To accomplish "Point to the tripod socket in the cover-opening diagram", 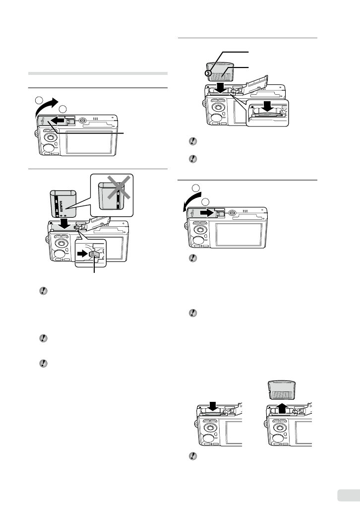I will tap(83, 120).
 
